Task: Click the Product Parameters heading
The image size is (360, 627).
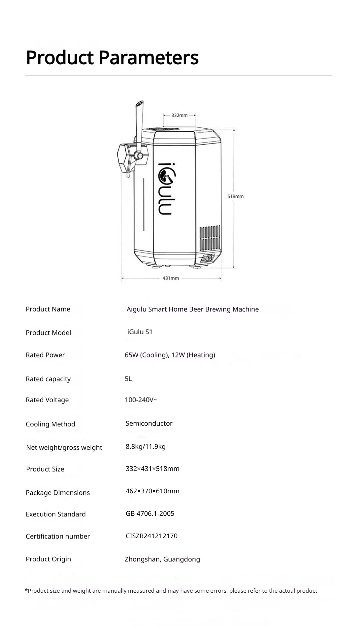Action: [112, 57]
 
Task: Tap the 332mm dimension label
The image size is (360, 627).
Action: [179, 115]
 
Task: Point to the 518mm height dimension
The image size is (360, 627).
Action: [235, 196]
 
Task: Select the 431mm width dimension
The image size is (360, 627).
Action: [171, 278]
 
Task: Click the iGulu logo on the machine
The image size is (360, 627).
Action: [165, 188]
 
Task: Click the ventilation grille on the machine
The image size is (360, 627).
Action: [210, 238]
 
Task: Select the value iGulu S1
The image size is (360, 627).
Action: [140, 332]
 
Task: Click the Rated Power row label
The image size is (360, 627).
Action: [45, 355]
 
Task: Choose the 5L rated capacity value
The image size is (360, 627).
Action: [128, 379]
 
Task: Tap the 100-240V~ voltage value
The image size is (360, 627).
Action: [141, 400]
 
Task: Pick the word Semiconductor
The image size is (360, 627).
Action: [149, 423]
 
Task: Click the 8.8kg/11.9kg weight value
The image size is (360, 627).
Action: [146, 446]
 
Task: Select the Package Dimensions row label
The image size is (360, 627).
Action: [58, 493]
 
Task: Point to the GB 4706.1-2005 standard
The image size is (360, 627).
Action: [150, 513]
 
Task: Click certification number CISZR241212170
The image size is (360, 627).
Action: [151, 536]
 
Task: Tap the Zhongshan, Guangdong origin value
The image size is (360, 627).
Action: [162, 559]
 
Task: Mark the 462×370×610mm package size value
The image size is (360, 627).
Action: [152, 491]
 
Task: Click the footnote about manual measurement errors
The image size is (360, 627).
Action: [171, 591]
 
